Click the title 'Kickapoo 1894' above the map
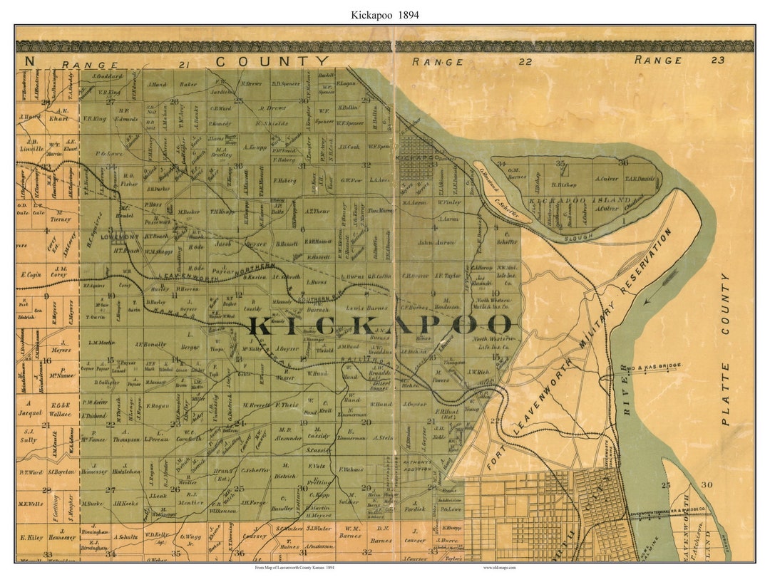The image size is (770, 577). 384,14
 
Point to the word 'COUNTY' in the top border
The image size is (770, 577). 273,62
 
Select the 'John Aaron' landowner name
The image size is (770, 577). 436,243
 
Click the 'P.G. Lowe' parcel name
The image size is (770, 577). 109,152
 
